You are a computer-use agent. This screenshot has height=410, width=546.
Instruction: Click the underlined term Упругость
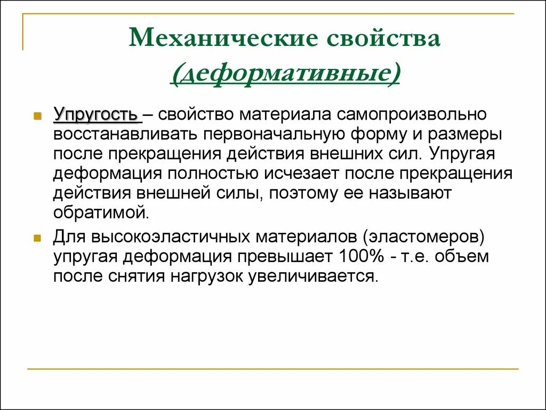point(95,115)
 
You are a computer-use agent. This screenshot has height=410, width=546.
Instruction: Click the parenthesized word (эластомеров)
point(420,237)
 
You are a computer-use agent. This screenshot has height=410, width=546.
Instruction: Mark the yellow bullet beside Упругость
point(37,116)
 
